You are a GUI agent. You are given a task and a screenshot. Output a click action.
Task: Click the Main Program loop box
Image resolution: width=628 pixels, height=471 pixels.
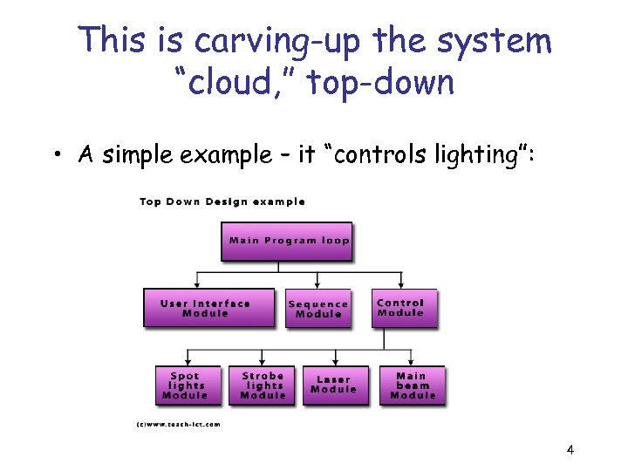click(288, 240)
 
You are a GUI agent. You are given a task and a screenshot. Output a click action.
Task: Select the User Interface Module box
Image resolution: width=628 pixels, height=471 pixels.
click(208, 307)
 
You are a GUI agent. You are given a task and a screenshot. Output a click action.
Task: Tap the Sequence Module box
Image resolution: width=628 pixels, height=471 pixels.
click(318, 308)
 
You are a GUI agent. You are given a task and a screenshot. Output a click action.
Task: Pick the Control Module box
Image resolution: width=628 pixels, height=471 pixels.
click(403, 307)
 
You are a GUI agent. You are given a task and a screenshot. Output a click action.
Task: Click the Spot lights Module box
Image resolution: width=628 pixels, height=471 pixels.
click(186, 385)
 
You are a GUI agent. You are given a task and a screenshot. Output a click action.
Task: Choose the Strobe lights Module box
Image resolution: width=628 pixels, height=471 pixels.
click(263, 385)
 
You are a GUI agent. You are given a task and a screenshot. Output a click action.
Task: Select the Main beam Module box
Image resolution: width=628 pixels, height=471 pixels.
click(412, 385)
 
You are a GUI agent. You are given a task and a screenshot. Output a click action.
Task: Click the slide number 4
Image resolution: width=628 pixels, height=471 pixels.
click(570, 450)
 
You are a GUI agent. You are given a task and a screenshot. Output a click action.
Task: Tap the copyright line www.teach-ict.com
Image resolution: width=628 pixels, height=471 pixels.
click(178, 425)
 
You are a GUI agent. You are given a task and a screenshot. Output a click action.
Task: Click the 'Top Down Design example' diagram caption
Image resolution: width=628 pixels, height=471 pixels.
click(222, 201)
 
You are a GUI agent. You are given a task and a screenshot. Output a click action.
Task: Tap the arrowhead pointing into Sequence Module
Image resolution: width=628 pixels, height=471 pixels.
click(318, 284)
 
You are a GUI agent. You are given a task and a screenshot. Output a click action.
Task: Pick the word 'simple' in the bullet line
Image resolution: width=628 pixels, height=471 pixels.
click(139, 156)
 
